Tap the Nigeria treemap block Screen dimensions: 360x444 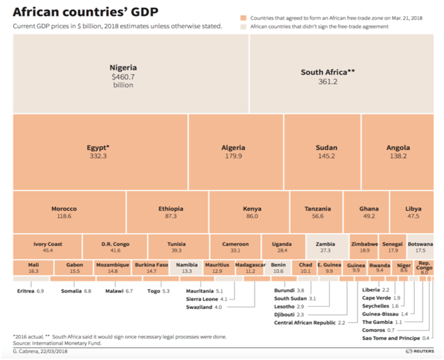tap(123, 74)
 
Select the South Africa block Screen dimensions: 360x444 tap(328, 74)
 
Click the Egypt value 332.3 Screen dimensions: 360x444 tap(98, 156)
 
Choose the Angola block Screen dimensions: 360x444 tap(398, 151)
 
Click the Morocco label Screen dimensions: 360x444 tap(64, 209)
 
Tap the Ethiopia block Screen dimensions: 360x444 tap(171, 211)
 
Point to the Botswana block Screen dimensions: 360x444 tap(420, 246)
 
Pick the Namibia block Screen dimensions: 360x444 tap(186, 268)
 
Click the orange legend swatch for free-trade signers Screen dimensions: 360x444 tap(244, 18)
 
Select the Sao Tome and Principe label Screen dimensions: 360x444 tap(391, 338)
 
